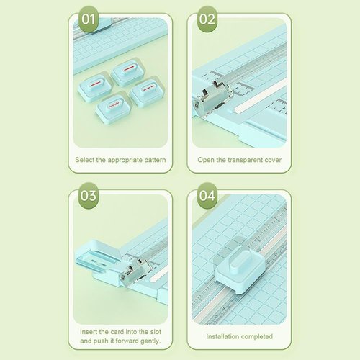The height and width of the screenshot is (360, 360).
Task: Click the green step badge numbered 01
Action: [88, 19]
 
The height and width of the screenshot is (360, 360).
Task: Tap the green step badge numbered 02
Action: [207, 19]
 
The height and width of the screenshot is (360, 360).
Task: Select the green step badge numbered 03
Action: [88, 196]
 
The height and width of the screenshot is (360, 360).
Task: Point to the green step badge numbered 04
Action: [207, 196]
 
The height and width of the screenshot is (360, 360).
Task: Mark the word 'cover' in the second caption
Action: [271, 160]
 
